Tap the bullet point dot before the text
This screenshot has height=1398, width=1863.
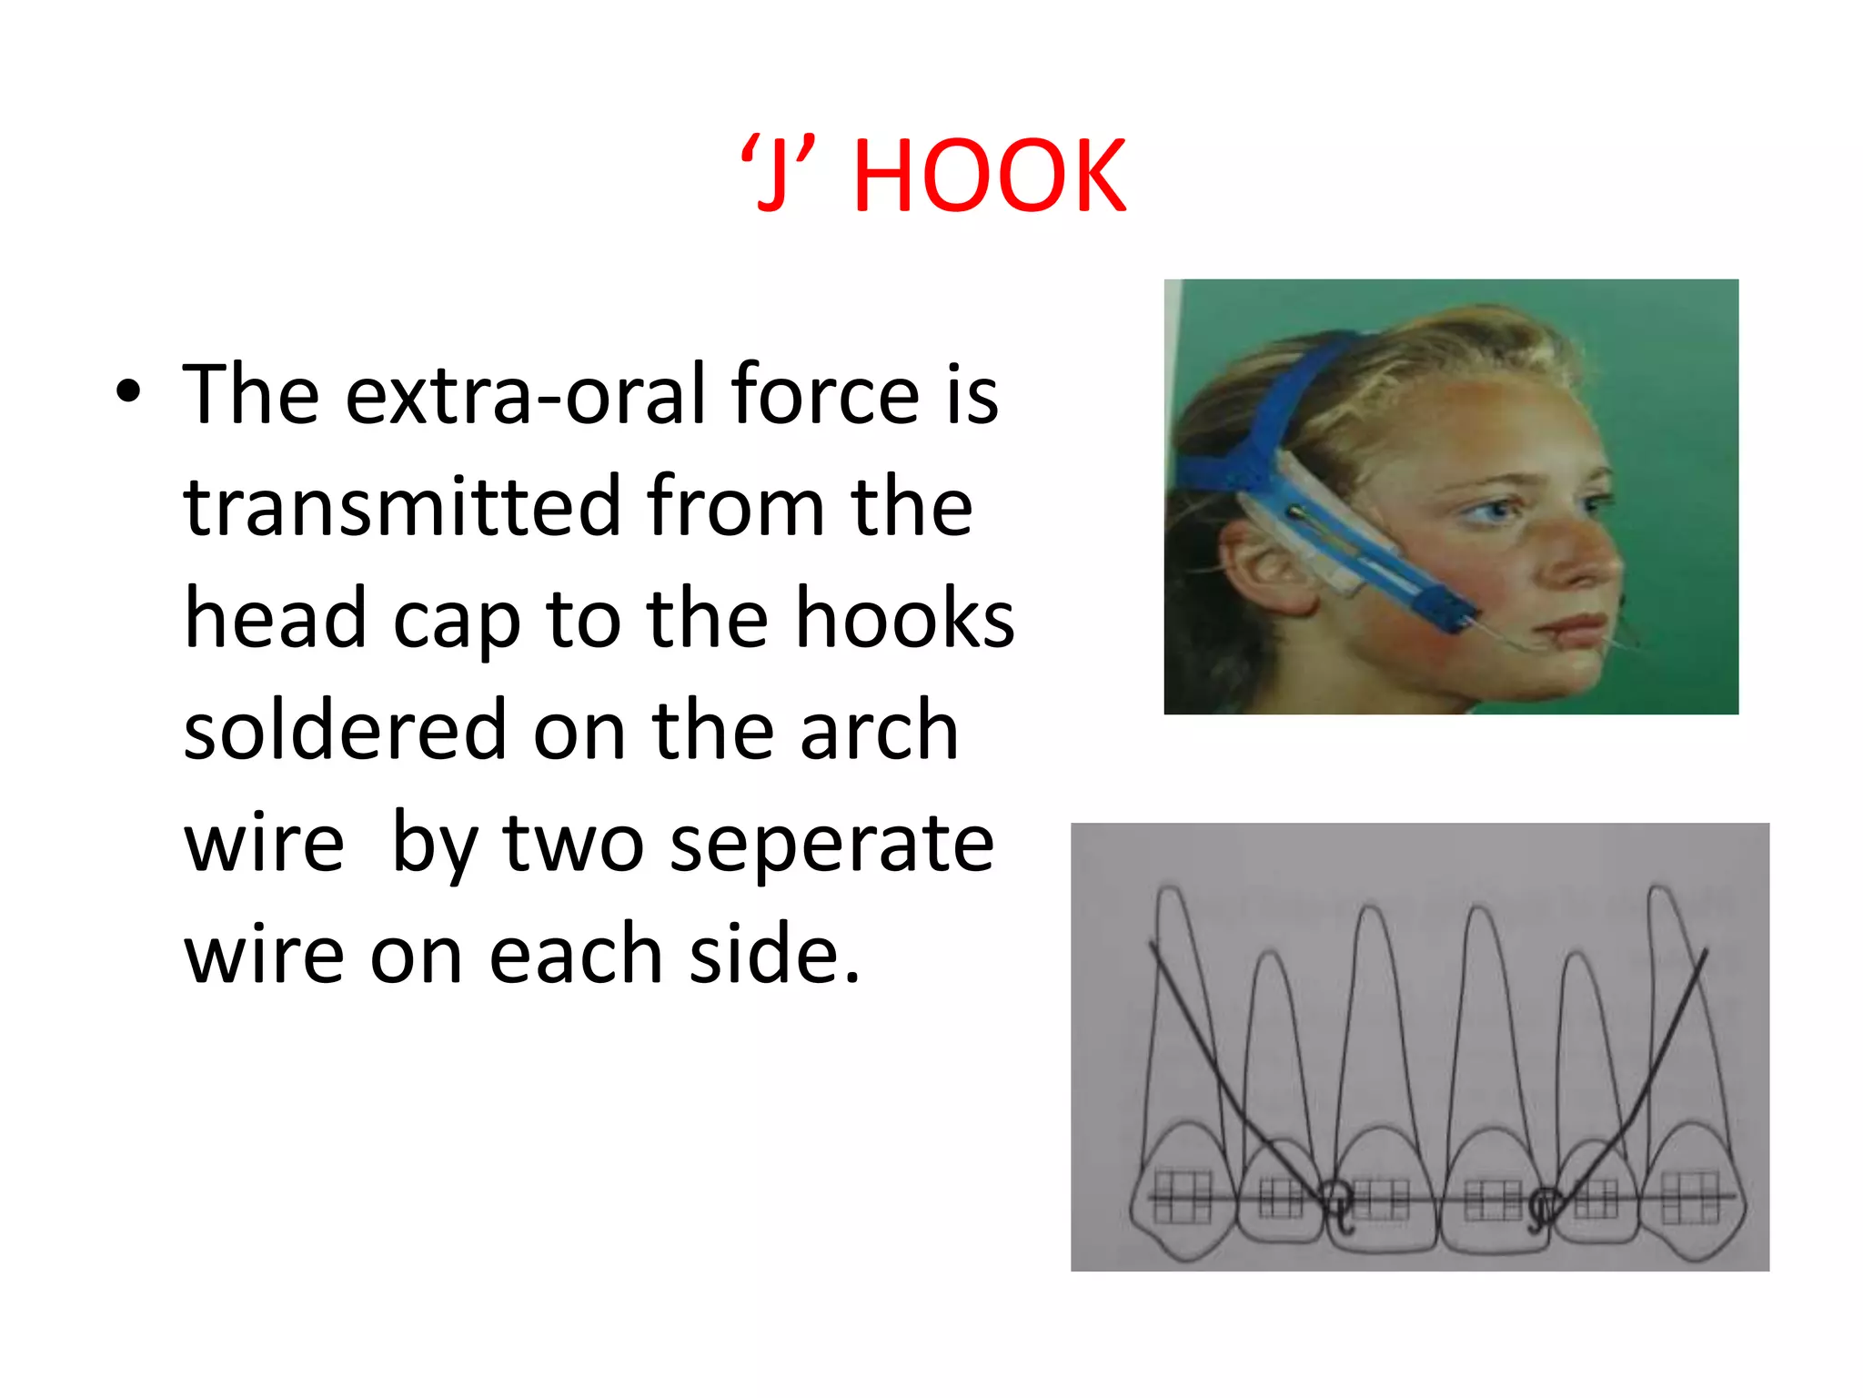click(x=129, y=392)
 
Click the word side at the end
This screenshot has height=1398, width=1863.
click(x=773, y=956)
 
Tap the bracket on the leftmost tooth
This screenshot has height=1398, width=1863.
click(x=1183, y=1196)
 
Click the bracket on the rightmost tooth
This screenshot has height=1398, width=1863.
click(x=1690, y=1196)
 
